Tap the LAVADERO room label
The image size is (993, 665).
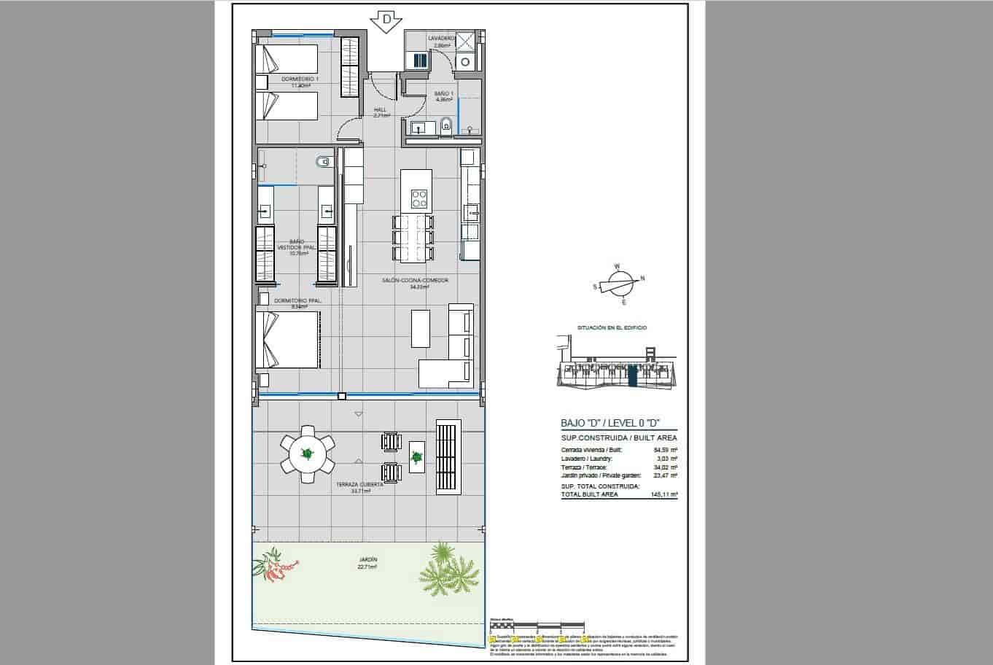pyautogui.click(x=442, y=39)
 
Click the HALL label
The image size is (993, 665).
pyautogui.click(x=380, y=112)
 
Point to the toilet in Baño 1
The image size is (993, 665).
pyautogui.click(x=447, y=128)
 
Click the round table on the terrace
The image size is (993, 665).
pyautogui.click(x=308, y=454)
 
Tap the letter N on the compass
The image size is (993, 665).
pyautogui.click(x=642, y=278)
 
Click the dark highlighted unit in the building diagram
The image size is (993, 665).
pyautogui.click(x=632, y=376)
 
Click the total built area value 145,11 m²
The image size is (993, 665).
pyautogui.click(x=665, y=494)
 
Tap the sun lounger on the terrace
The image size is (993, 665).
pyautogui.click(x=447, y=456)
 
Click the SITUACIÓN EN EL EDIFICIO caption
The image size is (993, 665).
pyautogui.click(x=612, y=328)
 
